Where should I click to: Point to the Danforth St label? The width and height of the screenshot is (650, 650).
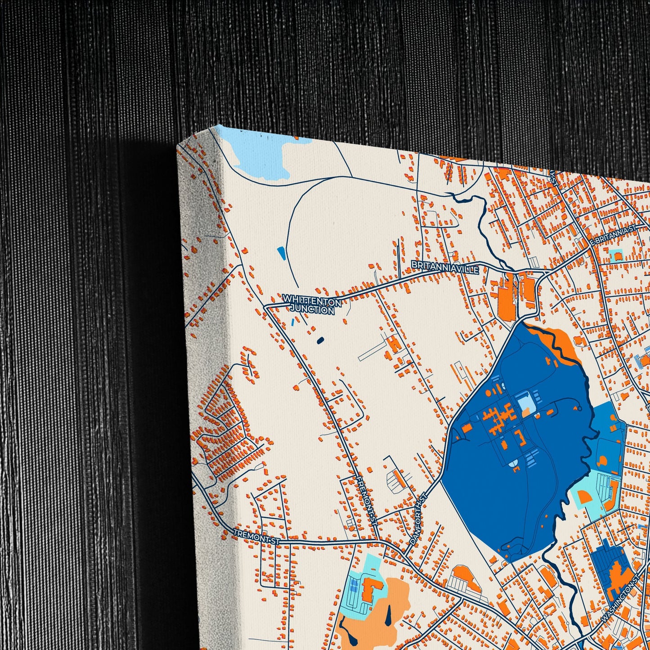[x=418, y=520]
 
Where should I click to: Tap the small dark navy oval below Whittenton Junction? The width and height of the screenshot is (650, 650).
[x=320, y=341]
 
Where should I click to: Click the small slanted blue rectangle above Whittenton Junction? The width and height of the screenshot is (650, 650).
[x=281, y=253]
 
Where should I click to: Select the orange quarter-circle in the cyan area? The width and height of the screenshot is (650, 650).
[x=584, y=497]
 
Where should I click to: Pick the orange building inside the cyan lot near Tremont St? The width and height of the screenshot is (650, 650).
[x=371, y=587]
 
